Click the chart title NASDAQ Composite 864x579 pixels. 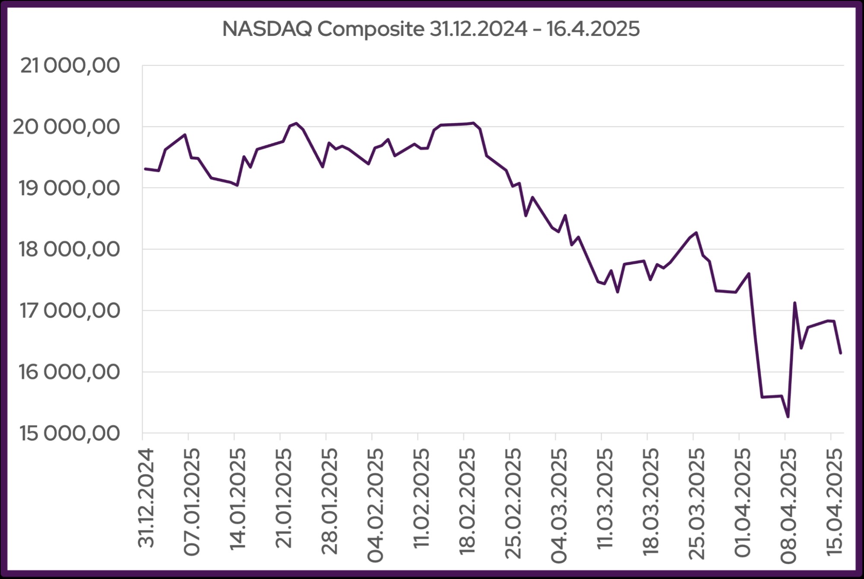(x=430, y=29)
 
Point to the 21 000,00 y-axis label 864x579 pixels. (x=70, y=66)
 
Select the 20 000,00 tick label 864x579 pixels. (x=66, y=127)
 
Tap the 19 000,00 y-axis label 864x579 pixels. (x=69, y=188)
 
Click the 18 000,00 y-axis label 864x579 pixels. (x=69, y=249)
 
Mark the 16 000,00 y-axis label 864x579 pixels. (x=69, y=372)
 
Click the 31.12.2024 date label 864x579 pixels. (x=146, y=498)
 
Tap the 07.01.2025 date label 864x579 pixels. (x=192, y=502)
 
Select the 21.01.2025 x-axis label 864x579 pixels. (x=284, y=498)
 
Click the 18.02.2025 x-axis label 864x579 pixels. (x=467, y=502)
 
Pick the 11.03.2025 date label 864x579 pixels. (x=605, y=498)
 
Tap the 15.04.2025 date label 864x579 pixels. (x=835, y=502)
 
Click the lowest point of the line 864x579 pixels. (x=788, y=417)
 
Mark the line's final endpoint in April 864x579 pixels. (x=841, y=353)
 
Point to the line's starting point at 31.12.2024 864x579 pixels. (x=145, y=169)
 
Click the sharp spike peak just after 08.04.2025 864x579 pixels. (x=794, y=303)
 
